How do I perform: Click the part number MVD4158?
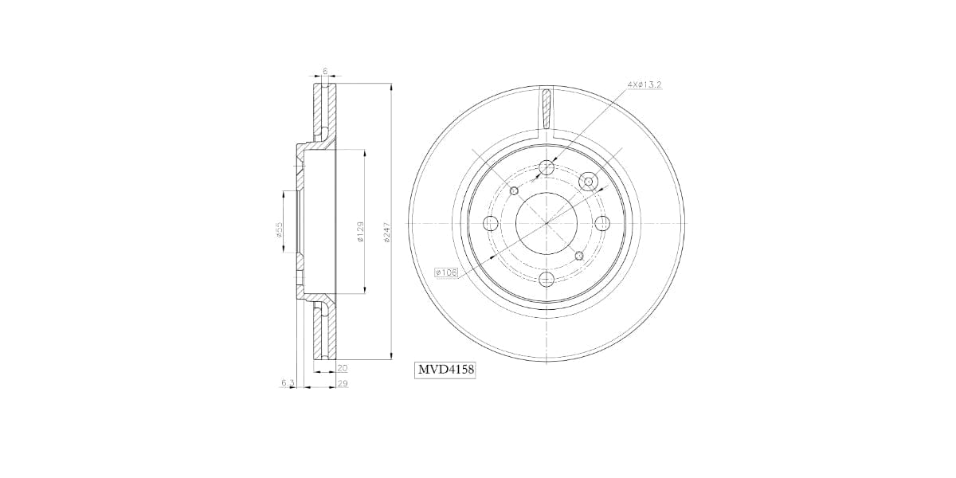pos(445,370)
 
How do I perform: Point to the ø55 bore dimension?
pos(279,229)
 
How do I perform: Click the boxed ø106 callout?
pos(447,272)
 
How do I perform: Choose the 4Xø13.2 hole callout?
pos(645,84)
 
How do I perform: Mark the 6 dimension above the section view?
pos(325,71)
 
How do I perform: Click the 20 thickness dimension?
pos(342,368)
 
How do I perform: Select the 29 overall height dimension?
pos(342,384)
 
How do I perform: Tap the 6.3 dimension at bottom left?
pos(288,384)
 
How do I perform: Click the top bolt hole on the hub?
pos(547,167)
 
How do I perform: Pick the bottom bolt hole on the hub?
pos(547,280)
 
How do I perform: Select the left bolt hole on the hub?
pos(491,223)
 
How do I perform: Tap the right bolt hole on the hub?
pos(602,223)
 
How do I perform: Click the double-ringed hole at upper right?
pos(589,182)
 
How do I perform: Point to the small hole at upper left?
pos(514,190)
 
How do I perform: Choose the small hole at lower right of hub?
pos(579,256)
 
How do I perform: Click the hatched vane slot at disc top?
pos(546,108)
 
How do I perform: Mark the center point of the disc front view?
pos(547,223)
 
